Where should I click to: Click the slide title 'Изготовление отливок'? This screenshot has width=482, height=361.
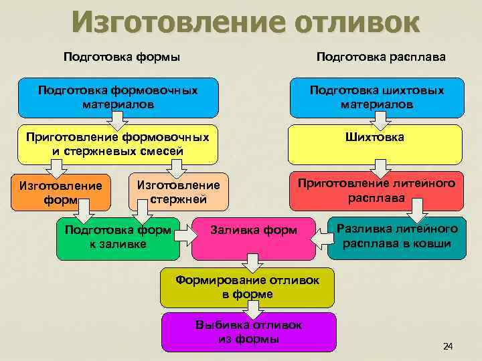(246, 22)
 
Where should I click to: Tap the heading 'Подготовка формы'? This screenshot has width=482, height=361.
(122, 57)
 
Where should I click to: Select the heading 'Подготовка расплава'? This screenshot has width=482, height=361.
(382, 57)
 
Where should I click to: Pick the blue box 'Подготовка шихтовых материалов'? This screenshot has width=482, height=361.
(376, 97)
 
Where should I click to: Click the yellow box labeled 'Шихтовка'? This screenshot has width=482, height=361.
(375, 138)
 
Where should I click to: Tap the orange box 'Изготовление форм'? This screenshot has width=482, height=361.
(61, 193)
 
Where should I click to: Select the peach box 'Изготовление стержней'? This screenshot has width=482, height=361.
(177, 193)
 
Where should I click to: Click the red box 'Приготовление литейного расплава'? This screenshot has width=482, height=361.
(376, 190)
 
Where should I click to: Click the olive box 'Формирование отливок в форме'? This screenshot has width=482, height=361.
(247, 286)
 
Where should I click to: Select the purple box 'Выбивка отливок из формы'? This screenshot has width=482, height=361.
(248, 332)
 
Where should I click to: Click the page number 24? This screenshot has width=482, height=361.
(448, 346)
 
